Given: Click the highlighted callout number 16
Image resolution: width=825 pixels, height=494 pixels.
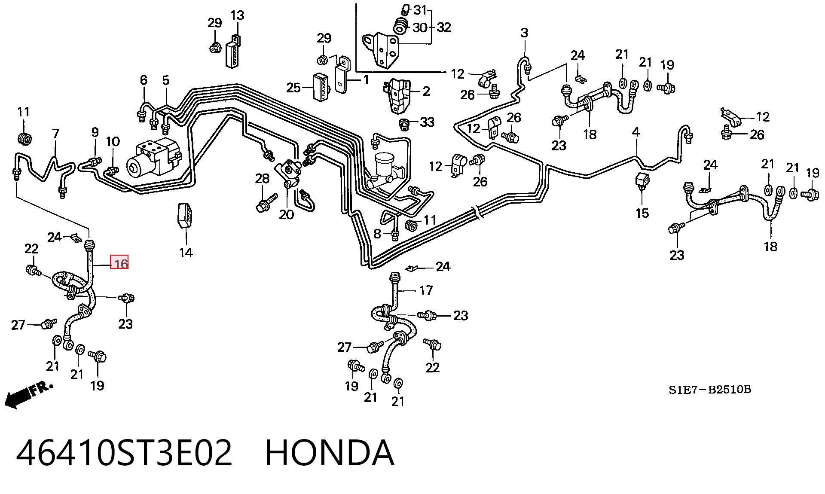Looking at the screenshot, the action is (x=119, y=262).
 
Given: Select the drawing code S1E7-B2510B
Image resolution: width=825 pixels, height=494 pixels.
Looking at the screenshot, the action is (x=710, y=390).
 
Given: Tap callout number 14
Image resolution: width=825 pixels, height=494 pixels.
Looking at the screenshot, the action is (x=186, y=252).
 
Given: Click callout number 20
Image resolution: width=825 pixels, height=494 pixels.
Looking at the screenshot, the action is (x=287, y=214).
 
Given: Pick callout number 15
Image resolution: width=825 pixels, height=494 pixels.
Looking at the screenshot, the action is (x=642, y=213).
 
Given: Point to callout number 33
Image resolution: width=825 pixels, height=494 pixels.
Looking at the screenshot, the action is (x=427, y=122).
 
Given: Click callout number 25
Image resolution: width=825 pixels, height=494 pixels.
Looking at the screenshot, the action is (x=293, y=88).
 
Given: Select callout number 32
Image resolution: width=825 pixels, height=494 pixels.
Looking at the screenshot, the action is (x=444, y=27).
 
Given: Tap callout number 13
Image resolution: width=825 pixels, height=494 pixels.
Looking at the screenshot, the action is (x=237, y=15).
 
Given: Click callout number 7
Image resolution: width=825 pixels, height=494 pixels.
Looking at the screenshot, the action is (x=55, y=134).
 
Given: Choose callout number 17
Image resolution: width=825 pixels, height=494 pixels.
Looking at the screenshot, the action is (x=426, y=290).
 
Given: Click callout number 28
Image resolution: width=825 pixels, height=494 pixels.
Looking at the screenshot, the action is (x=262, y=178).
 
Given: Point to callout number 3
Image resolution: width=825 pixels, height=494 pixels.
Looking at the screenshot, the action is (x=524, y=33).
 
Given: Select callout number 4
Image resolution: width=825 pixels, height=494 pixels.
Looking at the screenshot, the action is (x=636, y=132).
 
